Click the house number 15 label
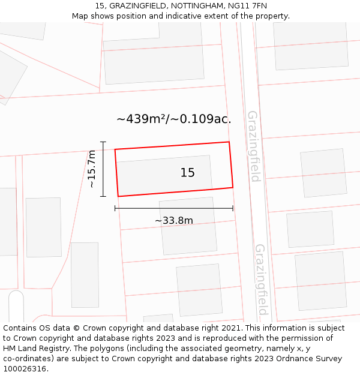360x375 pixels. point(187,173)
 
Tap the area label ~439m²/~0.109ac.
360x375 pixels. point(173,119)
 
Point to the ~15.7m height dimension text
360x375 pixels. point(92,169)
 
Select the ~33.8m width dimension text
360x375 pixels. point(174,221)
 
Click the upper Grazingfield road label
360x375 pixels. point(254,146)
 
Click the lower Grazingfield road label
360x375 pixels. point(261,279)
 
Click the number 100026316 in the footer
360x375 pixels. point(24,369)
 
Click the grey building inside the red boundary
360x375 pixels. point(156,174)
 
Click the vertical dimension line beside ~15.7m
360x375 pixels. point(103,169)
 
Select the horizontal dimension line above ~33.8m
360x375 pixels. point(174,209)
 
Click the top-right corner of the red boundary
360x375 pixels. point(229,142)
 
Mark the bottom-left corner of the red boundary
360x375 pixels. point(118,196)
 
